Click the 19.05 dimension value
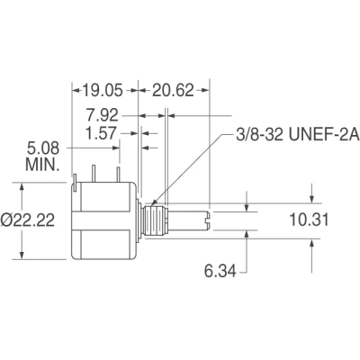click(103, 90)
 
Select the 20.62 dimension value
click(173, 90)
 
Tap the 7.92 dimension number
click(103, 115)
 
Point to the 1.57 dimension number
click(101, 133)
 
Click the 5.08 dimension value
click(43, 148)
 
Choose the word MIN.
click(42, 165)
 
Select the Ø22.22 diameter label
click(28, 220)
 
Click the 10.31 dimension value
click(309, 220)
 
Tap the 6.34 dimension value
click(220, 272)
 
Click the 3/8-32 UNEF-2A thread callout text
click(298, 136)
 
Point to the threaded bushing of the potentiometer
click(154, 220)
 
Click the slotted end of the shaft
click(208, 220)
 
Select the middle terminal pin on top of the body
click(94, 174)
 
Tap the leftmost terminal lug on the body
click(75, 183)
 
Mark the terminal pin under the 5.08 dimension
click(119, 175)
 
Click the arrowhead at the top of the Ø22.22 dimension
click(22, 186)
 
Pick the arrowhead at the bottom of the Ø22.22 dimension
click(22, 255)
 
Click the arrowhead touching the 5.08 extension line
click(116, 148)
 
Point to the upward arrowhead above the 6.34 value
click(247, 235)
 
